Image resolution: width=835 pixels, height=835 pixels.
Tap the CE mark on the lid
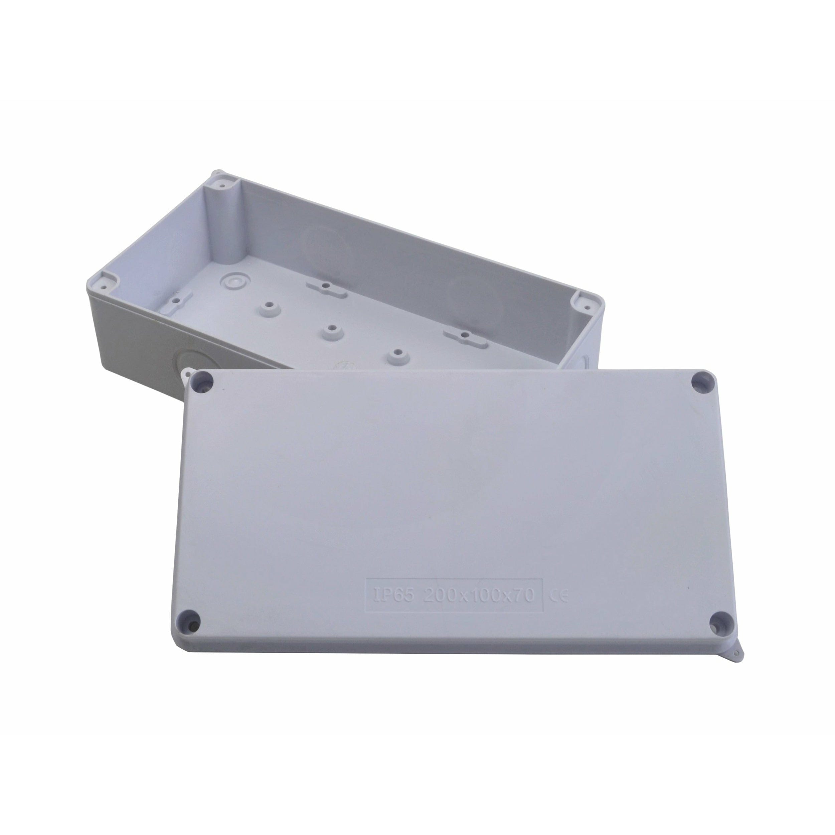(558, 596)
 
